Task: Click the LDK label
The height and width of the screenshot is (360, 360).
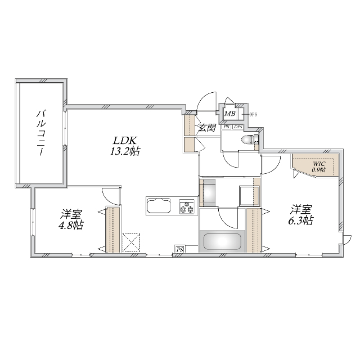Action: [125, 140]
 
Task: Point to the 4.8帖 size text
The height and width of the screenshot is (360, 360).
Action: [72, 225]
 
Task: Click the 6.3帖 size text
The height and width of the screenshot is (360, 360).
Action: [301, 221]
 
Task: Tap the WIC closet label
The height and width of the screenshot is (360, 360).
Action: [318, 163]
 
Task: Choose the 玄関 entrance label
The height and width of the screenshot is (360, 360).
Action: [208, 128]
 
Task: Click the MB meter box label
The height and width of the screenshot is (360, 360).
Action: [230, 114]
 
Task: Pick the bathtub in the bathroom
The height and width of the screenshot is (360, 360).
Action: [222, 242]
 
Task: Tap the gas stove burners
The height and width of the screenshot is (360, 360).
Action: [187, 207]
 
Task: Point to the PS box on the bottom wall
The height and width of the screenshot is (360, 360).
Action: [180, 249]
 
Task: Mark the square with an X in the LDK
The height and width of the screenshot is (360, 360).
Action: [131, 242]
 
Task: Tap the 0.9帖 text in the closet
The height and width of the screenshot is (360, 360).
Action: [318, 169]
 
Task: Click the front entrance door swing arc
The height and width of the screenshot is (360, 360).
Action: [208, 101]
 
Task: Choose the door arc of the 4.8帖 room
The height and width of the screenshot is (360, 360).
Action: [111, 195]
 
